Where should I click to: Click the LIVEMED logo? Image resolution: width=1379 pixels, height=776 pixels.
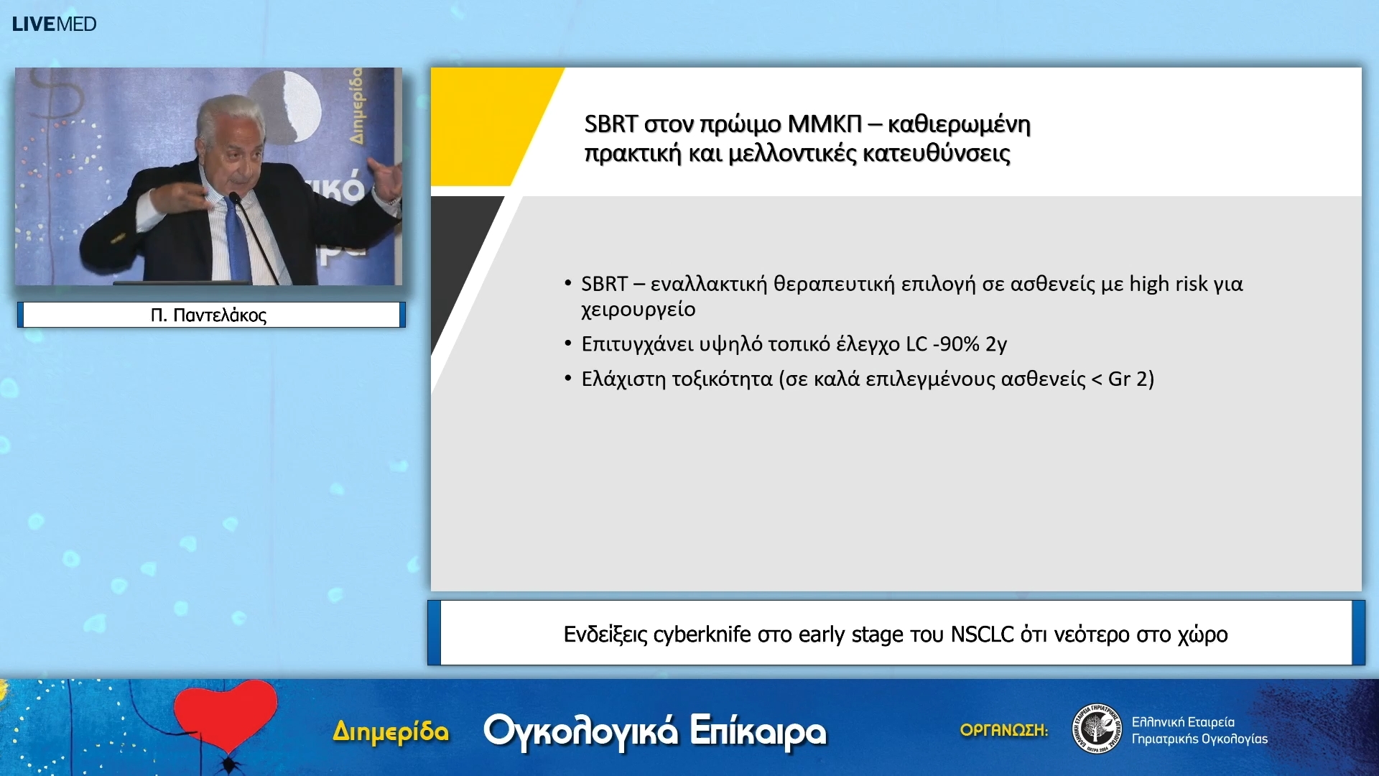point(54,24)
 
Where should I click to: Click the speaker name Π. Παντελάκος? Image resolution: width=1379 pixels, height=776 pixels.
point(208,315)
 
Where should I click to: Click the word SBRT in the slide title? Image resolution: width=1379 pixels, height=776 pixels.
point(610,124)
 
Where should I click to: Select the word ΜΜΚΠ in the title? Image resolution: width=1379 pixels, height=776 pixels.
point(824,124)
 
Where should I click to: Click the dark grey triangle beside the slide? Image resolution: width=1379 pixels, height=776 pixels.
point(460,251)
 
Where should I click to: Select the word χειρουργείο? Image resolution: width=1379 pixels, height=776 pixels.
point(638,310)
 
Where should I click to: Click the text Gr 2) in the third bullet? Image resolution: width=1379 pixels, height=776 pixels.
point(1130,379)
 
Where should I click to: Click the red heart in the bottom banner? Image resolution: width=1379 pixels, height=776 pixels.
point(226,715)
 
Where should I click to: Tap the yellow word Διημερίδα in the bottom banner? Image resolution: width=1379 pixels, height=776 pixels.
point(391,732)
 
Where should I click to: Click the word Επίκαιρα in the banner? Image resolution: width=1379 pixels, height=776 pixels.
point(758,731)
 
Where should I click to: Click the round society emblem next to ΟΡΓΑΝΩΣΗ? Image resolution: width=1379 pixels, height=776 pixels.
point(1096,729)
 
